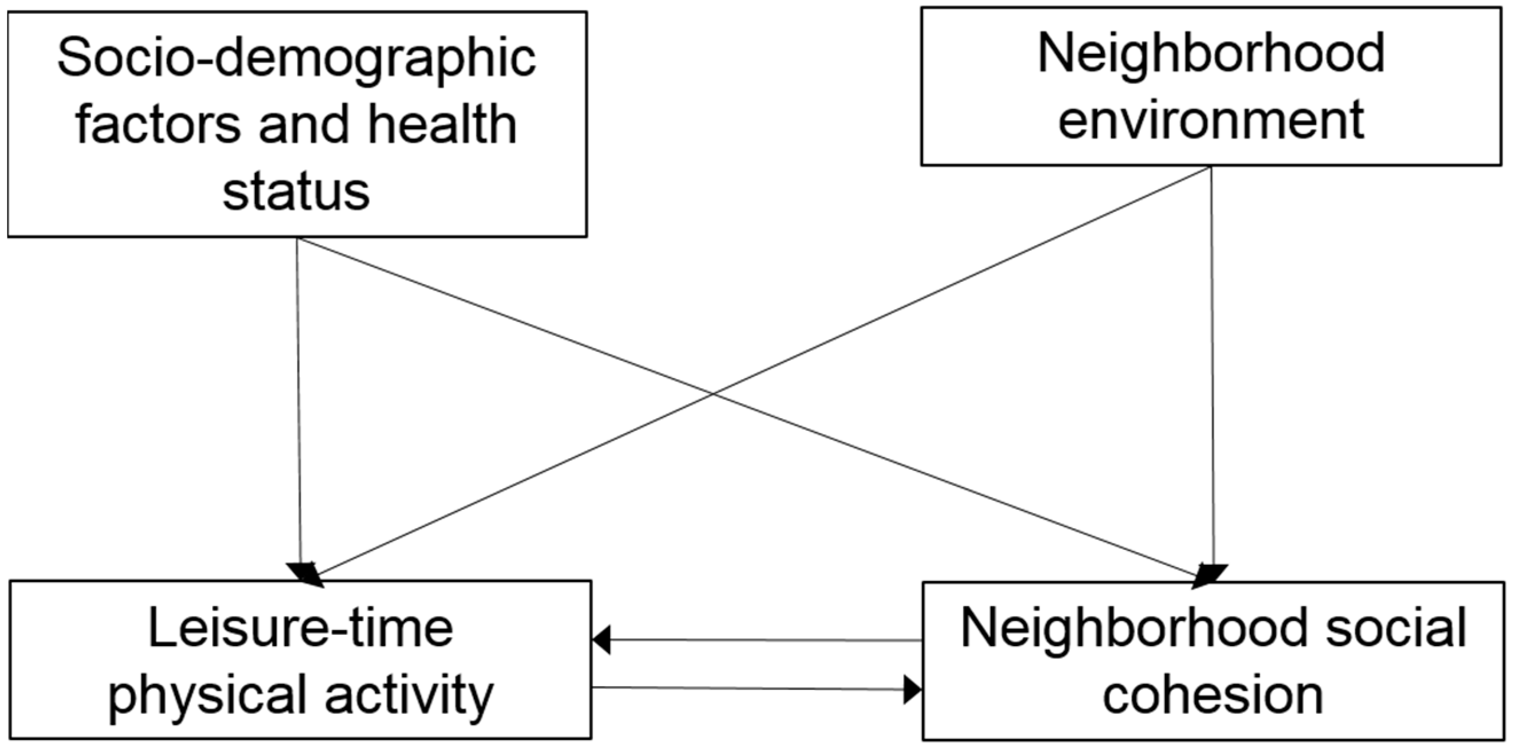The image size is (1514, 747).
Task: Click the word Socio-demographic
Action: coord(296,59)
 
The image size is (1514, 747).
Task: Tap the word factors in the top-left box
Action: coord(158,125)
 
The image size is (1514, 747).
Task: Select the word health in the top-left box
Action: coord(441,125)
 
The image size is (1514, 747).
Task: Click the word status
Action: coord(296,191)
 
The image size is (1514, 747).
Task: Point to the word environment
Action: coord(1211,120)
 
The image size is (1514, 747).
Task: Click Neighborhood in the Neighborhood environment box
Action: coord(1211,54)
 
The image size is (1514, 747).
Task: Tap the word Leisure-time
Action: coord(300,628)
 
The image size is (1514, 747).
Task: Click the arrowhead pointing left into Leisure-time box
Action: coord(601,639)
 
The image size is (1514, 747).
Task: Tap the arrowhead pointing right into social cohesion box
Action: coord(912,689)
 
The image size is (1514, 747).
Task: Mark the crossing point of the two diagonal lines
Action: coord(713,393)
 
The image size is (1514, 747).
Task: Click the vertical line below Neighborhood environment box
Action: coord(1212,364)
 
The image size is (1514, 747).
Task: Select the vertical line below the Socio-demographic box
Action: coord(298,400)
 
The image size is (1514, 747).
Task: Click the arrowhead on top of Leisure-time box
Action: coord(305,573)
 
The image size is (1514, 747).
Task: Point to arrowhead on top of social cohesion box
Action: coord(1210,575)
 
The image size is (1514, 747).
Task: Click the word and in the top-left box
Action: coord(304,125)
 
